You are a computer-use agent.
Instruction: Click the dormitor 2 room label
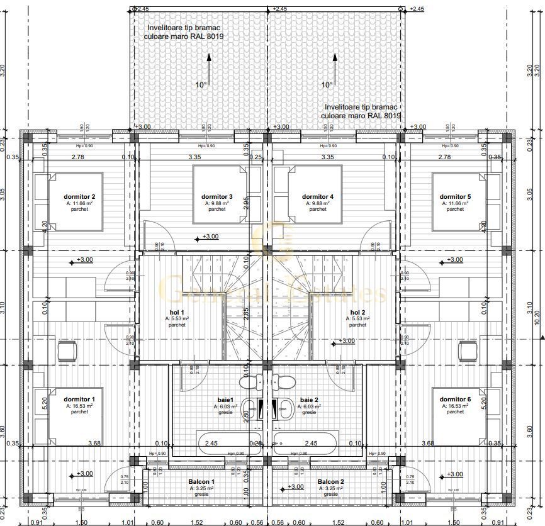click(x=80, y=196)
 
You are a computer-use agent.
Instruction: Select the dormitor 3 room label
click(x=217, y=196)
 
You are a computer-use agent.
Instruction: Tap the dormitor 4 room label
click(x=318, y=196)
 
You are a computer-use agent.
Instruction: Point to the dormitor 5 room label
click(x=455, y=196)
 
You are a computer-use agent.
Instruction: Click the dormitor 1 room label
click(x=80, y=399)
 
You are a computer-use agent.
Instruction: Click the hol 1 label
click(x=177, y=312)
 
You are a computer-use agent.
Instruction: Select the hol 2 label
click(x=357, y=312)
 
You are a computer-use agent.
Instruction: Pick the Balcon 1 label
click(x=201, y=481)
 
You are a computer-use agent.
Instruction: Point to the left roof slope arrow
click(x=208, y=69)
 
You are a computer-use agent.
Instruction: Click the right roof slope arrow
click(x=334, y=69)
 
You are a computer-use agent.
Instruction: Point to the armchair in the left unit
click(x=67, y=349)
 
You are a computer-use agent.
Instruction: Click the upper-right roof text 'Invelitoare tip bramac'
click(x=360, y=108)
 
